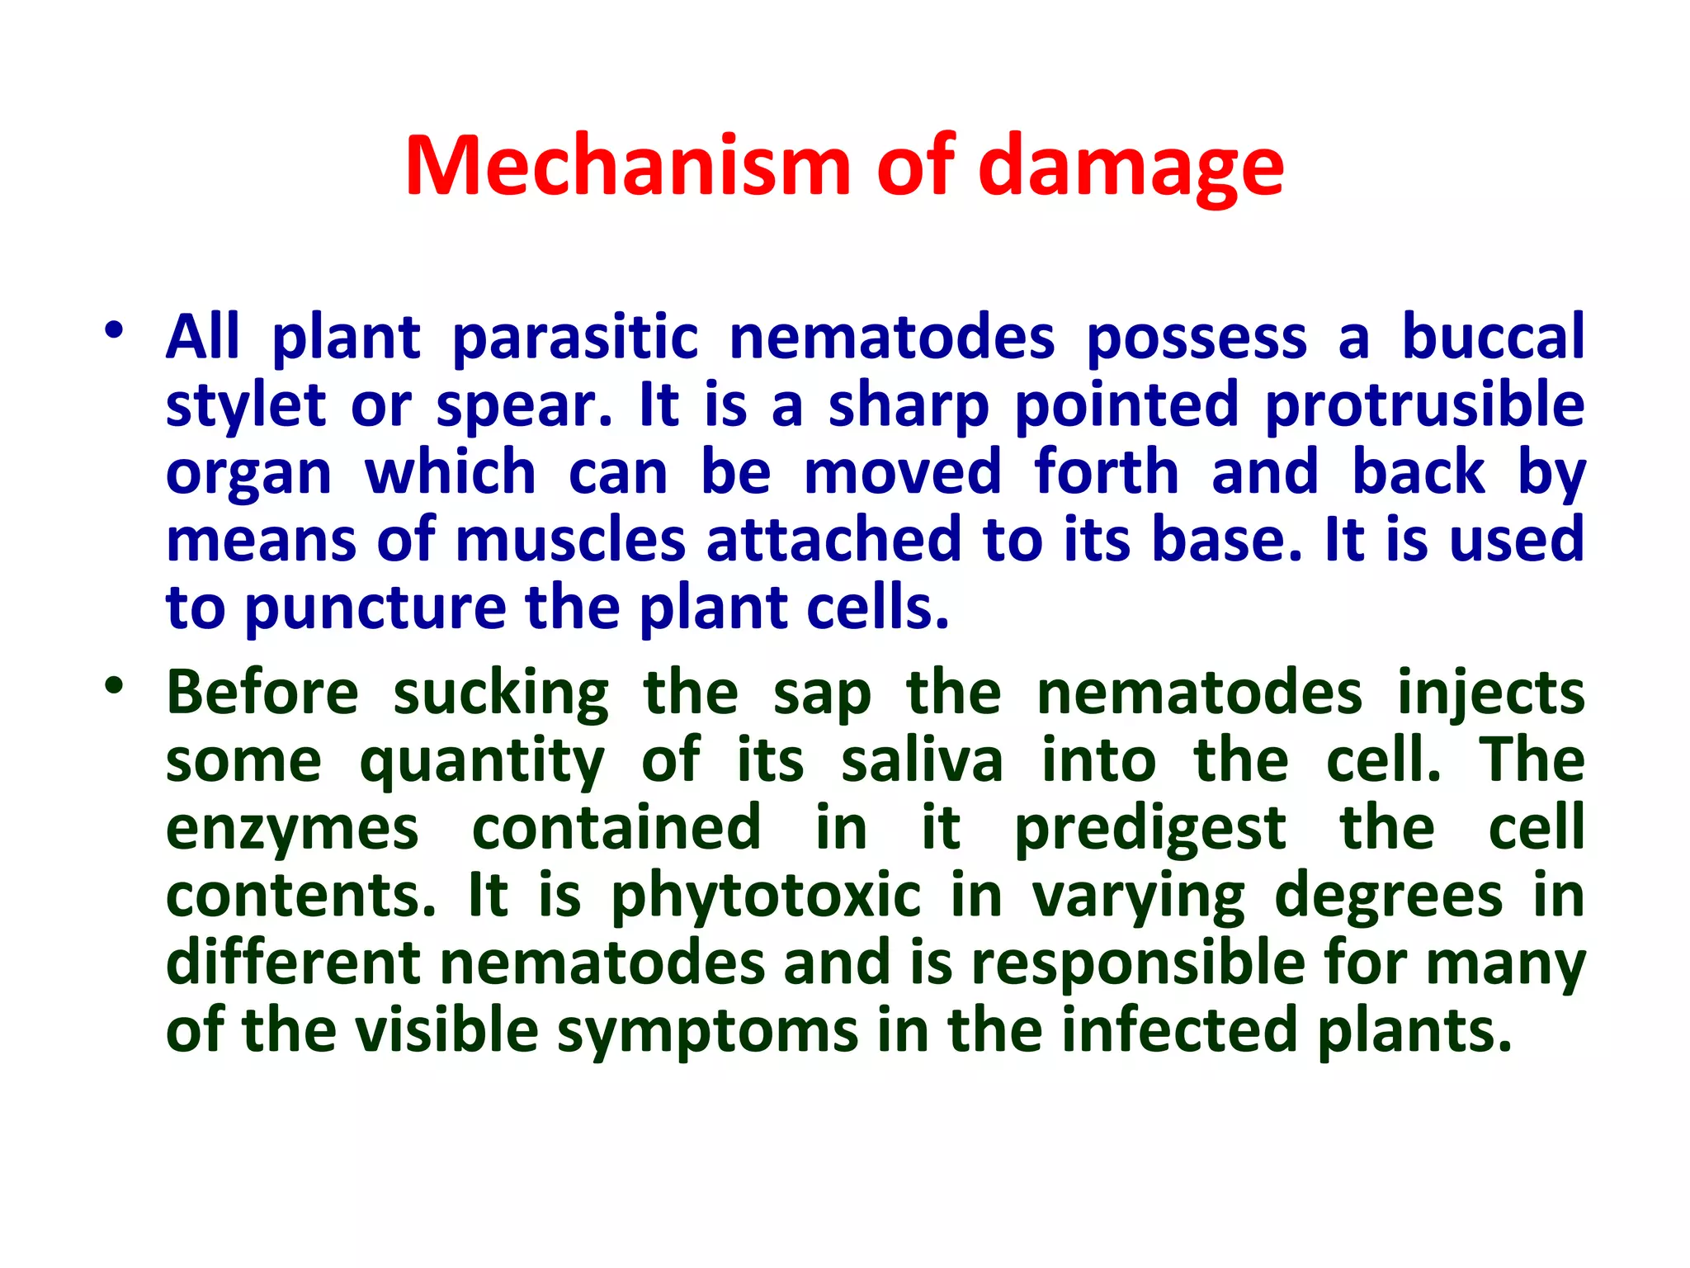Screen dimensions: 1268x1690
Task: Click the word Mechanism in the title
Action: pyautogui.click(x=627, y=167)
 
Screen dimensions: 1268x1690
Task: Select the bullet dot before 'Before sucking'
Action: pyautogui.click(x=114, y=685)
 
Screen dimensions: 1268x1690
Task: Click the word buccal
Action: pyautogui.click(x=1494, y=337)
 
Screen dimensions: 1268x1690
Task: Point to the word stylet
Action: pyautogui.click(x=246, y=405)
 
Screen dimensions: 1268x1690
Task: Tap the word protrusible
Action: pyautogui.click(x=1424, y=405)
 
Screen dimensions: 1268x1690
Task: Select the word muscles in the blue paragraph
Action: pyautogui.click(x=570, y=540)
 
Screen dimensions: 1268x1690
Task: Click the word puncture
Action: pyautogui.click(x=375, y=608)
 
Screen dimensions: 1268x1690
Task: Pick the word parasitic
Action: pyautogui.click(x=576, y=337)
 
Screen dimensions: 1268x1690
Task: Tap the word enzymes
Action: pyautogui.click(x=292, y=829)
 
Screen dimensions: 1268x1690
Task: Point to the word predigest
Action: pyautogui.click(x=1149, y=829)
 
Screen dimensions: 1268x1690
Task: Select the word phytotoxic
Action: pyautogui.click(x=766, y=897)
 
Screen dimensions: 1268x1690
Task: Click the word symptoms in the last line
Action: pyautogui.click(x=708, y=1032)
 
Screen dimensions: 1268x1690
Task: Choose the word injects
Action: pyautogui.click(x=1490, y=693)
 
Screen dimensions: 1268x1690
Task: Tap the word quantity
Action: pyautogui.click(x=483, y=761)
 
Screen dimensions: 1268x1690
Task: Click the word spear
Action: pyautogui.click(x=523, y=406)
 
